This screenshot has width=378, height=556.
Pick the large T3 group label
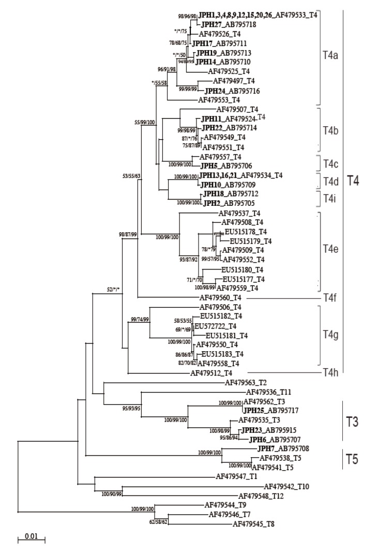(x=356, y=422)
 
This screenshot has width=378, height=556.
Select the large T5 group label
(x=356, y=458)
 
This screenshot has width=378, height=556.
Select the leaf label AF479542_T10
(x=287, y=487)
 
